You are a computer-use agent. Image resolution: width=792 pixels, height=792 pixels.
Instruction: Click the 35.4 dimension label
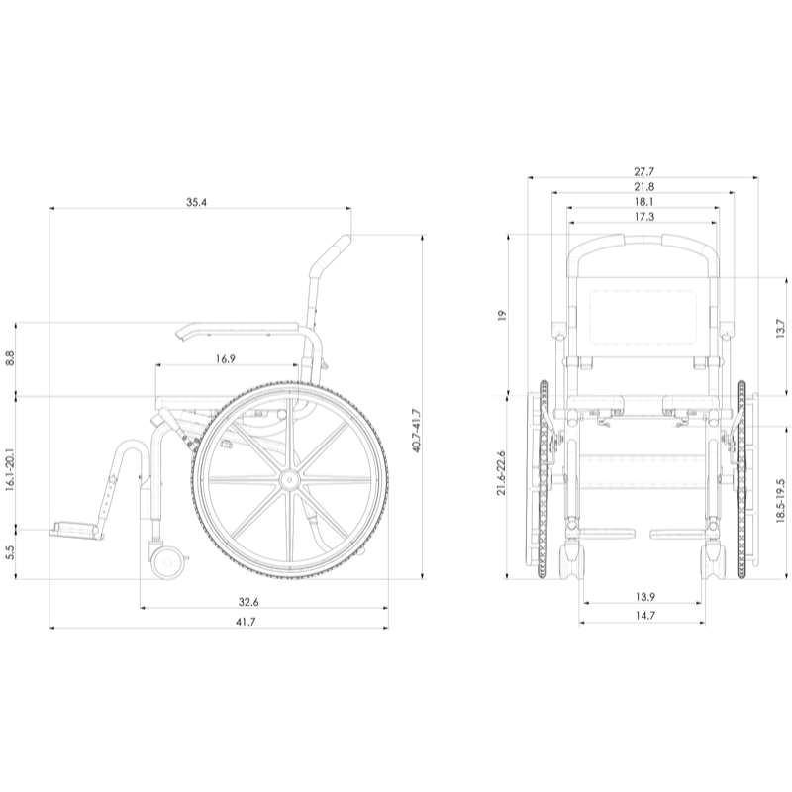[x=196, y=203]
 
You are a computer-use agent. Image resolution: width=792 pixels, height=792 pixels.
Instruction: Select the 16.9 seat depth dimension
[x=226, y=359]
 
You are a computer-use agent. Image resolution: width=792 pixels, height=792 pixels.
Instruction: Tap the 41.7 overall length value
[x=246, y=622]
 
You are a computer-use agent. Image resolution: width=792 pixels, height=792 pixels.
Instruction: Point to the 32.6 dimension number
[x=248, y=602]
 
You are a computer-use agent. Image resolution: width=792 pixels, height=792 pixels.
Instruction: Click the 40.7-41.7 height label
[x=417, y=431]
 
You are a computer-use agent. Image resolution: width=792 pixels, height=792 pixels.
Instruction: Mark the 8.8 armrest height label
[x=10, y=358]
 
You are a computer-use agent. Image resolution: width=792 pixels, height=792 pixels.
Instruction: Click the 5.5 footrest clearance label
[x=10, y=553]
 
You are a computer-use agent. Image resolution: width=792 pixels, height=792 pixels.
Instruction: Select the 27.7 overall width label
[x=644, y=172]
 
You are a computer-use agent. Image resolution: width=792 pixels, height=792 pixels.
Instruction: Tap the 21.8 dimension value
[x=644, y=187]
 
